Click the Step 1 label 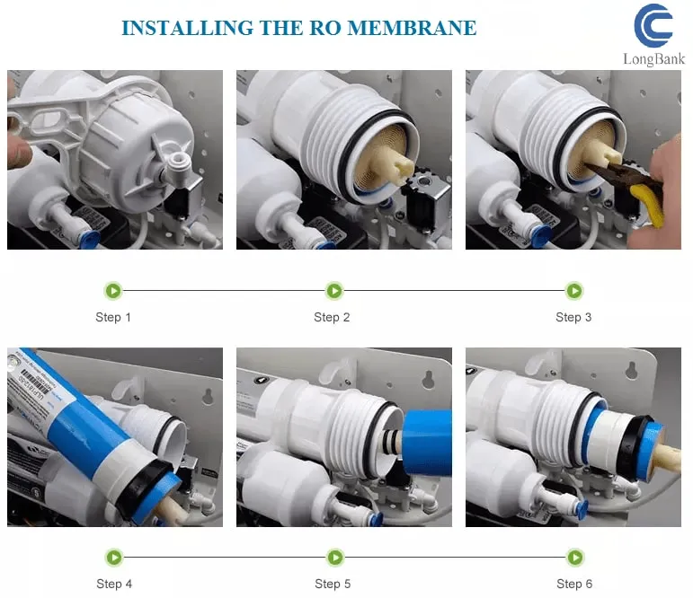pos(113,317)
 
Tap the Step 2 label pos(332,317)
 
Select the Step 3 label pos(573,317)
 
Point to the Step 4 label pos(114,584)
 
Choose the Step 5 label pos(333,584)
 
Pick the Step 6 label pos(574,584)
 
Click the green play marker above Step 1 pos(113,290)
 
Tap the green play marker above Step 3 pos(573,290)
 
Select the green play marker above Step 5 pos(333,558)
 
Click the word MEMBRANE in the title pos(412,28)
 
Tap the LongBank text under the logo pos(653,59)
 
